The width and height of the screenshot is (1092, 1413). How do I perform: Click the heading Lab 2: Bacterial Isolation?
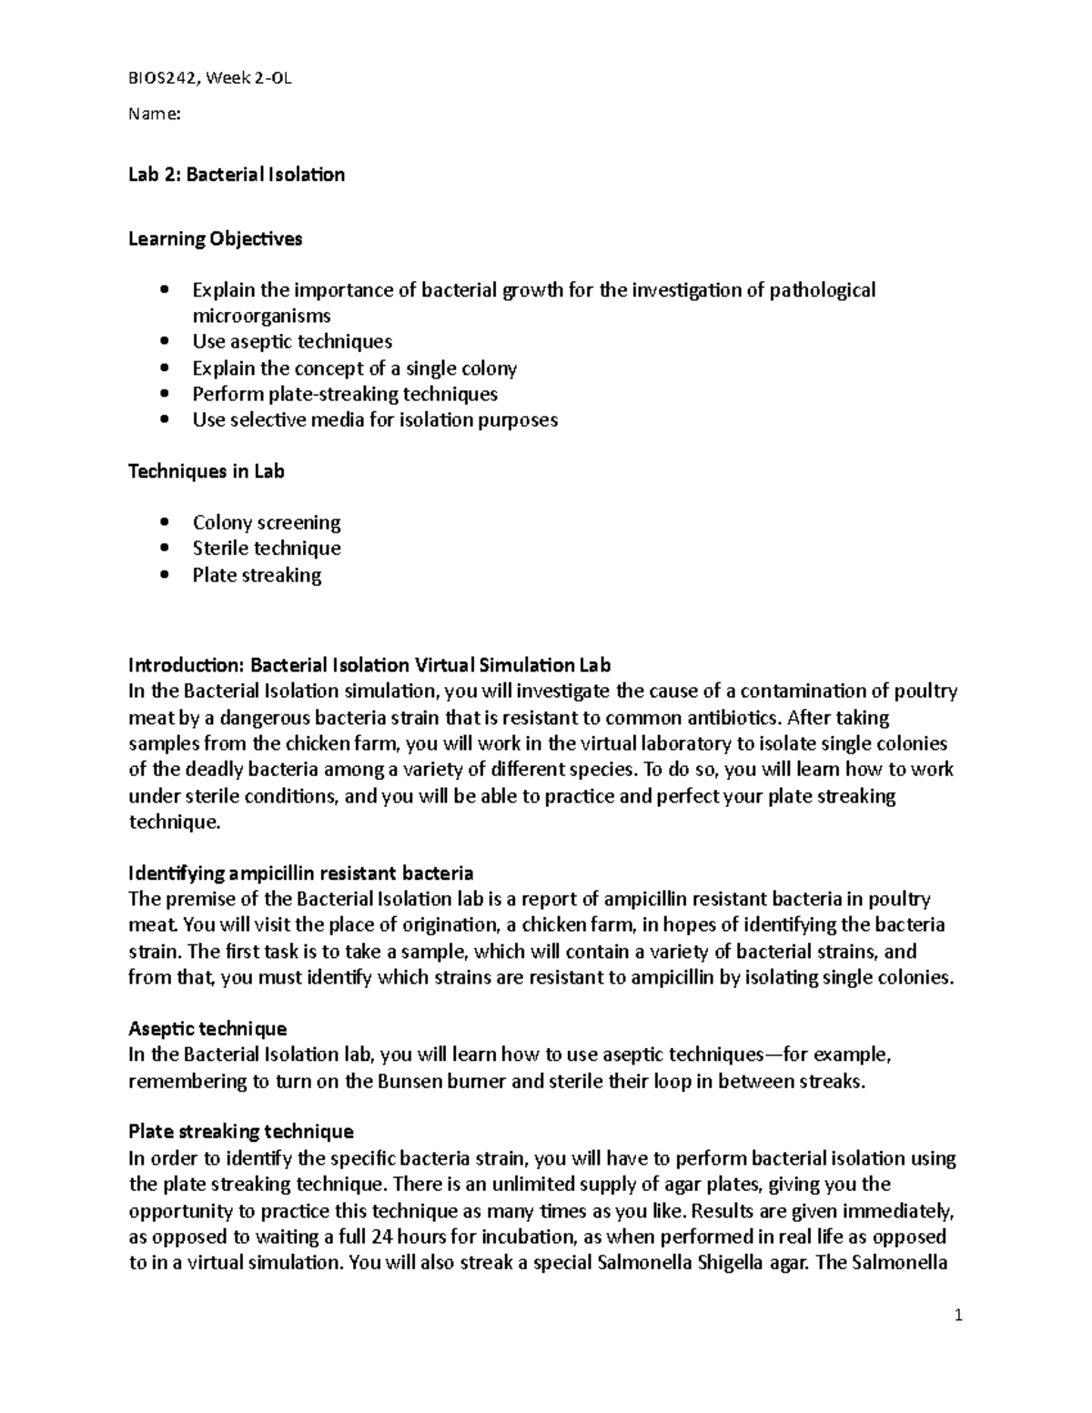237,175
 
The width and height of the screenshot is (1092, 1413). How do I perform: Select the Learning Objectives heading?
216,239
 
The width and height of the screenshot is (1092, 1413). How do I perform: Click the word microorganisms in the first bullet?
261,316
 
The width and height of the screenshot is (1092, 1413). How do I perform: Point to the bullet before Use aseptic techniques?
164,342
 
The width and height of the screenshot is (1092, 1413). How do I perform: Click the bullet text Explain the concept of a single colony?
354,368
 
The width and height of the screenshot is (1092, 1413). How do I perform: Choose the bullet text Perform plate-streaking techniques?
345,394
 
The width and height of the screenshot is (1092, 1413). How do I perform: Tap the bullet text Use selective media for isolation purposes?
375,419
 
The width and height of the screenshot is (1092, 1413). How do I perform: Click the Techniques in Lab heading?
207,471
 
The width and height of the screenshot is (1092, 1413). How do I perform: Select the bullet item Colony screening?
267,522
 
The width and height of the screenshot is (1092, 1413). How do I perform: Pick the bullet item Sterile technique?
267,548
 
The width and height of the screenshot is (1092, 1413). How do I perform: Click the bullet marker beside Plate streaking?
164,575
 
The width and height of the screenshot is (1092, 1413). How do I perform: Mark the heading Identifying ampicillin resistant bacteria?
301,873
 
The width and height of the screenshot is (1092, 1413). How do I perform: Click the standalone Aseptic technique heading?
207,1028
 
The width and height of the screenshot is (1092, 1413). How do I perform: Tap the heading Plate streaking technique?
241,1132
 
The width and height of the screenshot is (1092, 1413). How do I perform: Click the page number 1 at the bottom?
958,1316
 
